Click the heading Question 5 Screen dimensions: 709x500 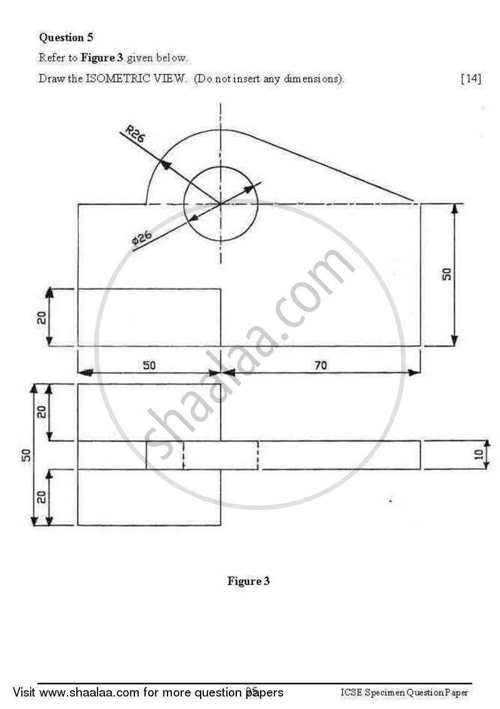coord(66,37)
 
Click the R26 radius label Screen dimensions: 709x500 coord(134,134)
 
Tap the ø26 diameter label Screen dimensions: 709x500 coord(142,237)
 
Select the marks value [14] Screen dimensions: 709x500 coord(471,79)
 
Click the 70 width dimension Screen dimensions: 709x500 coord(320,365)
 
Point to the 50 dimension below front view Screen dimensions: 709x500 coord(149,365)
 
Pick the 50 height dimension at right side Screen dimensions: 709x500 coord(446,274)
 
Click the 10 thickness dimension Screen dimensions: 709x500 coord(478,455)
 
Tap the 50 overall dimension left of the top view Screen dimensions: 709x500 coord(24,455)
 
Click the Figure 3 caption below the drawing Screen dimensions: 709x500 coord(248,582)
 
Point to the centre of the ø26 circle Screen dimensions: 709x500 coord(220,204)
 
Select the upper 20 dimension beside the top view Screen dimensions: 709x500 coord(42,412)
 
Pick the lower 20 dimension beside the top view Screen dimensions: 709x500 coord(42,498)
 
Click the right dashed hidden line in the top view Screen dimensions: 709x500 coord(257,455)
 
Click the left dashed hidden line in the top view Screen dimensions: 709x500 coord(183,455)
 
